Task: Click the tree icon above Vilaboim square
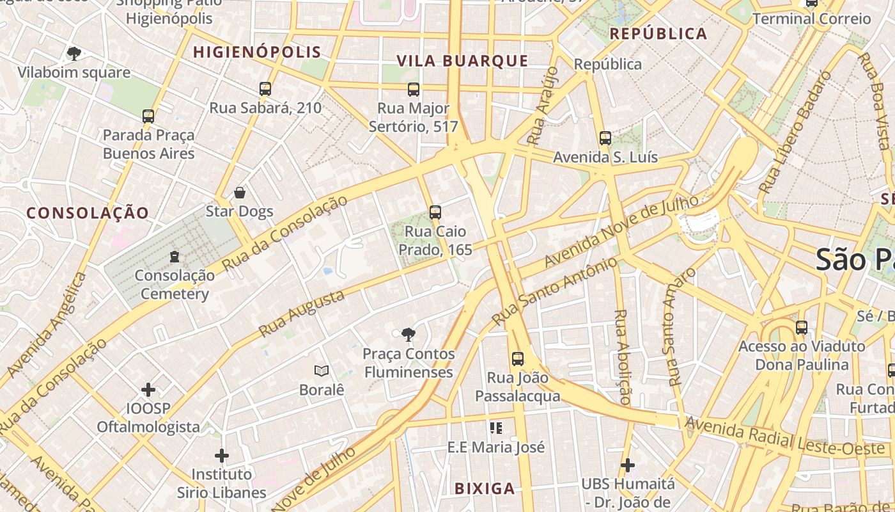[74, 54]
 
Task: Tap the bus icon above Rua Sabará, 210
[265, 89]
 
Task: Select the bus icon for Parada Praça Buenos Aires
[148, 116]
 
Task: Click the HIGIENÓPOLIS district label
[257, 52]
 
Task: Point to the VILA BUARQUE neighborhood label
[462, 61]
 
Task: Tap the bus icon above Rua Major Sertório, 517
[414, 90]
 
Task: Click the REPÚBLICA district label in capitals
[658, 34]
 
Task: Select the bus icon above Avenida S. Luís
[605, 138]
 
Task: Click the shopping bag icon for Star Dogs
[240, 193]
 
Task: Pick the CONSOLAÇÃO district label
[88, 213]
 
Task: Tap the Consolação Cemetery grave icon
[175, 257]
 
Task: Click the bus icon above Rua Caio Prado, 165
[435, 212]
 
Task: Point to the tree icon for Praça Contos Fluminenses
[408, 335]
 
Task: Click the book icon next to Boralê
[322, 371]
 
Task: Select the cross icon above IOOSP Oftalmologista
[148, 390]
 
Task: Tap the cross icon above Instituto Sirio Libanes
[222, 456]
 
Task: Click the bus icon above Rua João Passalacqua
[518, 359]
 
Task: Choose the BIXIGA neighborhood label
[484, 489]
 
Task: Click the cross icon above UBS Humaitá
[628, 465]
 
